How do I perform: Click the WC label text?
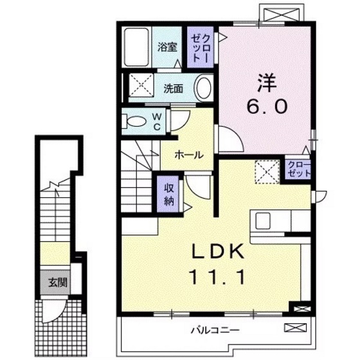coord(156,120)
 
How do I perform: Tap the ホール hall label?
coord(190,154)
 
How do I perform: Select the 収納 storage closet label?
coord(169,193)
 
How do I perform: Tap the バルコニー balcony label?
coord(215,331)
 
